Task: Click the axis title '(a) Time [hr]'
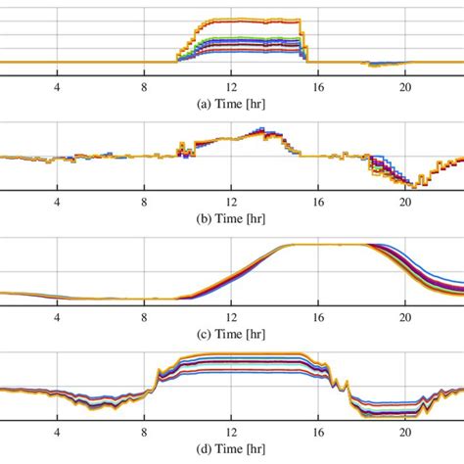coord(231,99)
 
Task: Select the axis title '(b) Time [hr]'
coord(231,216)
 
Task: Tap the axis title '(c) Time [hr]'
coord(231,334)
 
